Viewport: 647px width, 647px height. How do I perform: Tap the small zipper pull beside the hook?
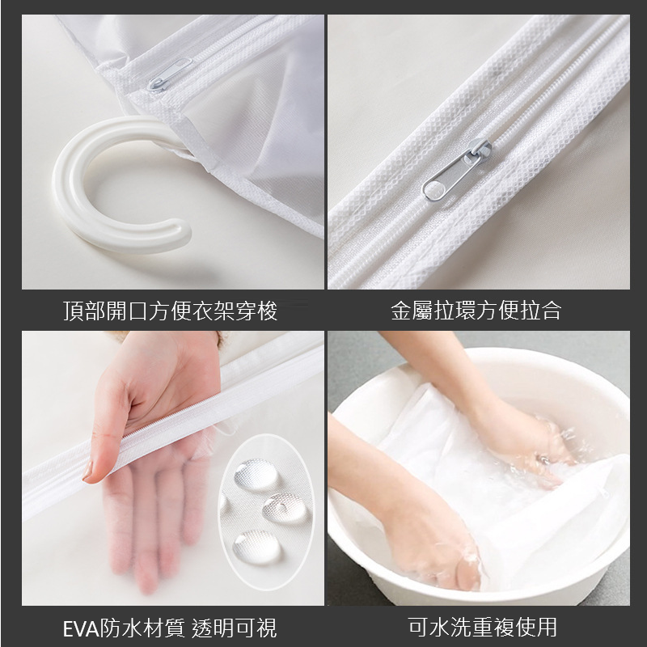point(170,74)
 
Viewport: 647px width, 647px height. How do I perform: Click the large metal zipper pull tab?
point(457,170)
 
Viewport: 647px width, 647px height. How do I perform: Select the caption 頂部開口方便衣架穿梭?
point(171,311)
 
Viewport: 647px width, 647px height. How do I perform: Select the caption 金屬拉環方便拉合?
point(476,311)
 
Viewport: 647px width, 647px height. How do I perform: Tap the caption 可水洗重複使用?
point(482,628)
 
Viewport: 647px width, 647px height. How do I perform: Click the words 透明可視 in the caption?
point(234,628)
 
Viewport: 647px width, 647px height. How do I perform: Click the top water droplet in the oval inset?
point(256,475)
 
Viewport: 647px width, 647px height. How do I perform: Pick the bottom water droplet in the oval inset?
point(257,548)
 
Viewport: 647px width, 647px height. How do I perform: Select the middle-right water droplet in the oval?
point(285,509)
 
